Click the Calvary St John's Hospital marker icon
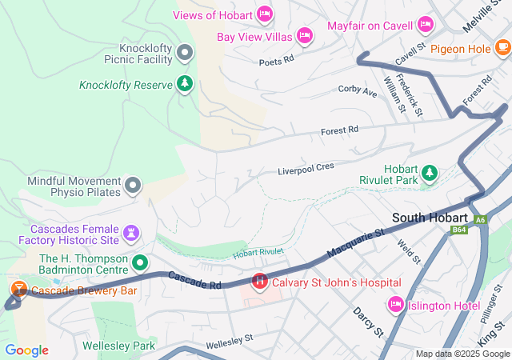260,282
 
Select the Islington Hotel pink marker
395,304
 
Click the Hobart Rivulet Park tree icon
430,172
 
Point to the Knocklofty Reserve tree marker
185,83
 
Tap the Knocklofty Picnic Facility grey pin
185,54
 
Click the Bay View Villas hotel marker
304,35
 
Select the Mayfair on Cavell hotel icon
426,26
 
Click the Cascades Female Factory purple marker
133,233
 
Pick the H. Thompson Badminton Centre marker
141,262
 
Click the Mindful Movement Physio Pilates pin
133,186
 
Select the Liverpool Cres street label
305,170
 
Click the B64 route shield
458,230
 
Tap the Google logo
26,350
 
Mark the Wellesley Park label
118,346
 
